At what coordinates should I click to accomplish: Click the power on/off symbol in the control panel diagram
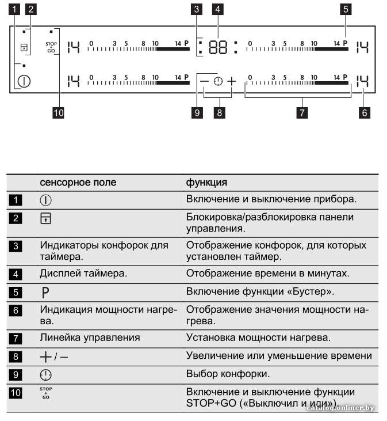tap(24, 81)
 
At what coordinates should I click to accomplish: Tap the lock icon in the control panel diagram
tap(24, 47)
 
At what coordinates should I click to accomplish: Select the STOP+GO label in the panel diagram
tap(51, 47)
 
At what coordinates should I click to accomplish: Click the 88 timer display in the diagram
tap(218, 47)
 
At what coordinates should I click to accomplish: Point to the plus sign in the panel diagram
tap(232, 81)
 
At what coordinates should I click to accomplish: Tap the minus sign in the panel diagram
tap(204, 81)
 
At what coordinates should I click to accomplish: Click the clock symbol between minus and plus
tap(218, 81)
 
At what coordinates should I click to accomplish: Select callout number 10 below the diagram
tap(59, 112)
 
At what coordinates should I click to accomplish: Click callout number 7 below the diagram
tap(302, 112)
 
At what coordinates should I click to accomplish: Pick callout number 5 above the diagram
tap(346, 9)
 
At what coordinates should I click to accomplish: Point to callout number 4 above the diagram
tap(217, 9)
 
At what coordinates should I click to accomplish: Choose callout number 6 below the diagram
tap(364, 112)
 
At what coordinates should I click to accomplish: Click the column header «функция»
tap(206, 183)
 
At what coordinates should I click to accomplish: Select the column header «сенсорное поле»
tap(78, 183)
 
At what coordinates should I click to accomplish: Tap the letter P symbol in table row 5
tap(45, 292)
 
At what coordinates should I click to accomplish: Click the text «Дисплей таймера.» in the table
tap(83, 274)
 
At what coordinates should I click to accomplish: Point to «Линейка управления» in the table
tap(90, 337)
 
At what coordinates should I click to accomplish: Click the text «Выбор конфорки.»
tap(228, 374)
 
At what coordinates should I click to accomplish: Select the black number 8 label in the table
tap(16, 356)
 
